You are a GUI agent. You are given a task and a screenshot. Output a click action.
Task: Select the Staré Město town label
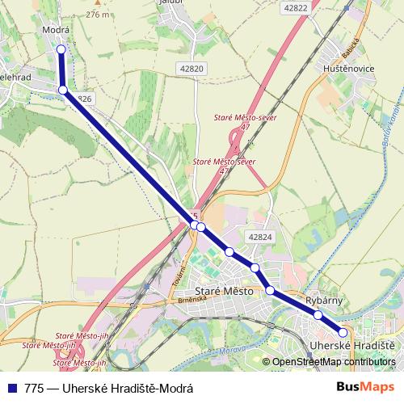point(225,290)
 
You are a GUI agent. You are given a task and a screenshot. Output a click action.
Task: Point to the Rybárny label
point(325,301)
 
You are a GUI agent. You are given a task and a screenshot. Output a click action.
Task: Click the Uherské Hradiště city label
point(352,346)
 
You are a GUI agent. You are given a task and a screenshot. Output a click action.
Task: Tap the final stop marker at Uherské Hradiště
point(343,332)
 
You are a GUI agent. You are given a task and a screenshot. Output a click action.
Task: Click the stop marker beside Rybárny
point(318,315)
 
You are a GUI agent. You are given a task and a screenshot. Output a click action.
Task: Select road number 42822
point(297,7)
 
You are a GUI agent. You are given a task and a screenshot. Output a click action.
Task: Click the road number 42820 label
point(192,69)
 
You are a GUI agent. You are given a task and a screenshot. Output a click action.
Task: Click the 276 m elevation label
point(97,15)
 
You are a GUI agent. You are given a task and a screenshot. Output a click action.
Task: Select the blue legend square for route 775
point(12,388)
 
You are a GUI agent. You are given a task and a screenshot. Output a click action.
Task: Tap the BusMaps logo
point(366,387)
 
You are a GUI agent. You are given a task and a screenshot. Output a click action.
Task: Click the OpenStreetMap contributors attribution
point(334,362)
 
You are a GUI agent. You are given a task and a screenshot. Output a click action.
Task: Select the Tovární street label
point(179,274)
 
